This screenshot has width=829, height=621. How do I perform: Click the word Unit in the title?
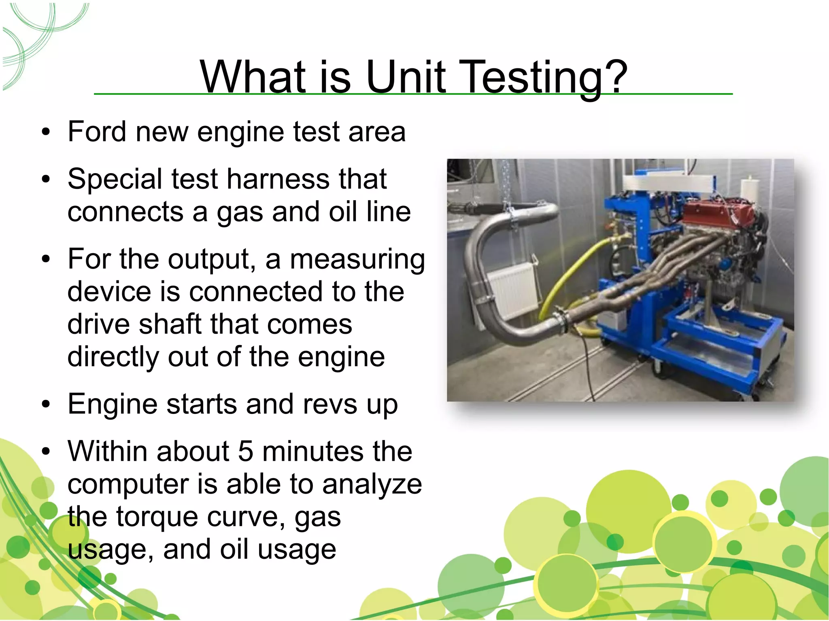click(406, 77)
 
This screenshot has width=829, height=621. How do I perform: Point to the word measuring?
click(357, 259)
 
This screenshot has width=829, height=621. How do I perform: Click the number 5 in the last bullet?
click(245, 451)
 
